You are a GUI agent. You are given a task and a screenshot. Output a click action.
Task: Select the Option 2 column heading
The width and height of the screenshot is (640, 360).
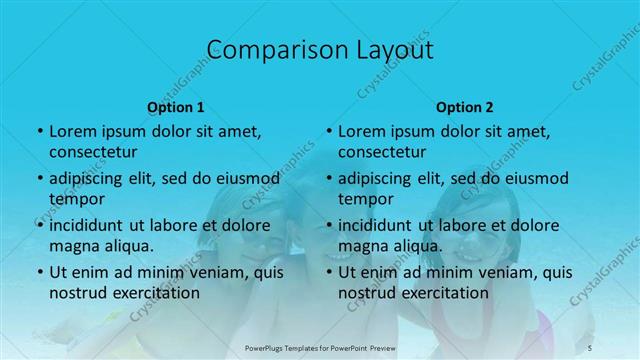(x=465, y=107)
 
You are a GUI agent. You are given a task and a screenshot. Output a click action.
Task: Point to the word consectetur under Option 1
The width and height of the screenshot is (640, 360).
(x=93, y=152)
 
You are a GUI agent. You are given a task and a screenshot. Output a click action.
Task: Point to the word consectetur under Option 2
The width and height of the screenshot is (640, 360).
(x=382, y=152)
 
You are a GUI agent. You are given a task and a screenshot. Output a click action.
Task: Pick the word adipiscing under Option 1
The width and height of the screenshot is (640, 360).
(x=90, y=178)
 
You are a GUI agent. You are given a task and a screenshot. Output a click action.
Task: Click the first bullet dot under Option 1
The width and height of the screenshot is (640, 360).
(x=39, y=131)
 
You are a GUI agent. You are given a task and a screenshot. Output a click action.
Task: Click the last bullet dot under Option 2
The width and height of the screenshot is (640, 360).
(x=328, y=272)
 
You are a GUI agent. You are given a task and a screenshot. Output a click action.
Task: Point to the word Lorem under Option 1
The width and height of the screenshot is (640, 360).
(x=71, y=131)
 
